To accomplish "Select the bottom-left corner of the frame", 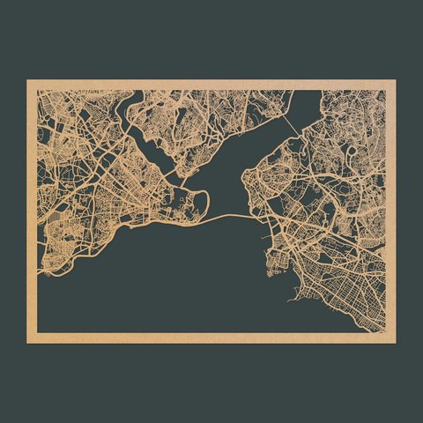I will [x=28, y=341].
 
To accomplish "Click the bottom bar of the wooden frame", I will [x=211, y=338].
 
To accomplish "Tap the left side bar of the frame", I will [x=32, y=211].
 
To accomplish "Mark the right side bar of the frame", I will [x=390, y=211].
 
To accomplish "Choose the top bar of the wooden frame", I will [x=211, y=85].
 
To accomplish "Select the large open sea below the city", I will [x=176, y=282].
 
